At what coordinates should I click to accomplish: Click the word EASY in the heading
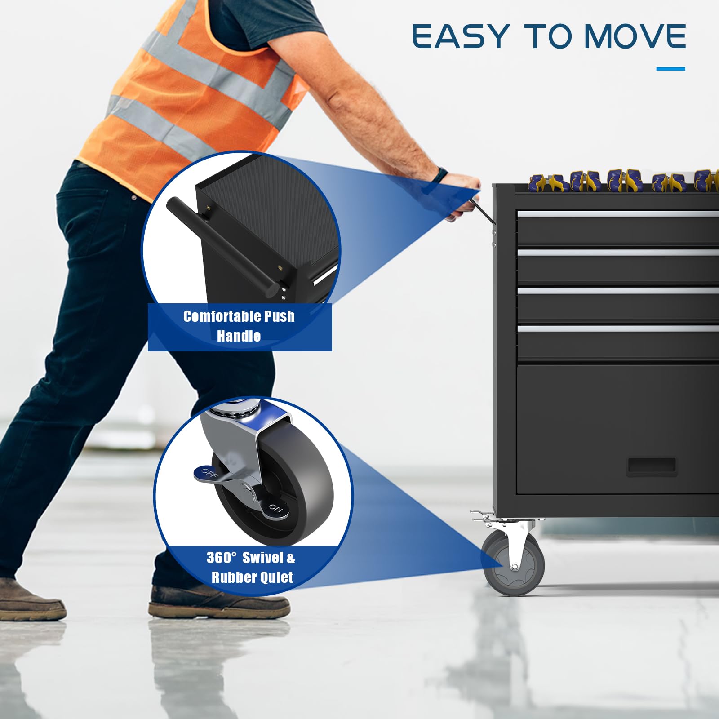pyautogui.click(x=460, y=36)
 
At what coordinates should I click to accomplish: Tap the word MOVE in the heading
pyautogui.click(x=635, y=36)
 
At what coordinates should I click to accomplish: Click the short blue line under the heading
pyautogui.click(x=670, y=69)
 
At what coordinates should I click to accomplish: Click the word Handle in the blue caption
pyautogui.click(x=239, y=336)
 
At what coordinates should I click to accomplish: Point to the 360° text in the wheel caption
pyautogui.click(x=221, y=558)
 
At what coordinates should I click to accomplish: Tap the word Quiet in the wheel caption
pyautogui.click(x=278, y=577)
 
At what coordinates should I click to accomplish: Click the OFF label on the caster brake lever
pyautogui.click(x=209, y=472)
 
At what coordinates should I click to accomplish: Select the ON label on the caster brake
pyautogui.click(x=275, y=509)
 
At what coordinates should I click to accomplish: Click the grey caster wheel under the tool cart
pyautogui.click(x=513, y=564)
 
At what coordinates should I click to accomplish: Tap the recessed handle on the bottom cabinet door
pyautogui.click(x=651, y=467)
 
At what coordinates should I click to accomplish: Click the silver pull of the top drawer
pyautogui.click(x=618, y=214)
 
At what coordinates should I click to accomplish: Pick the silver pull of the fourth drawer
pyautogui.click(x=618, y=329)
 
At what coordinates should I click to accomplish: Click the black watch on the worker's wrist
pyautogui.click(x=441, y=175)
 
